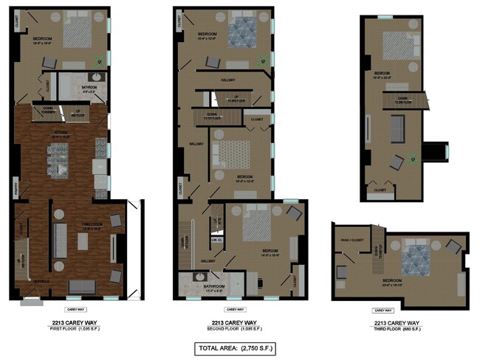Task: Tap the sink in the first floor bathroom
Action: (97, 77)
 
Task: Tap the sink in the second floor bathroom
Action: (197, 277)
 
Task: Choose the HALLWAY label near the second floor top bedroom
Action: (227, 80)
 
